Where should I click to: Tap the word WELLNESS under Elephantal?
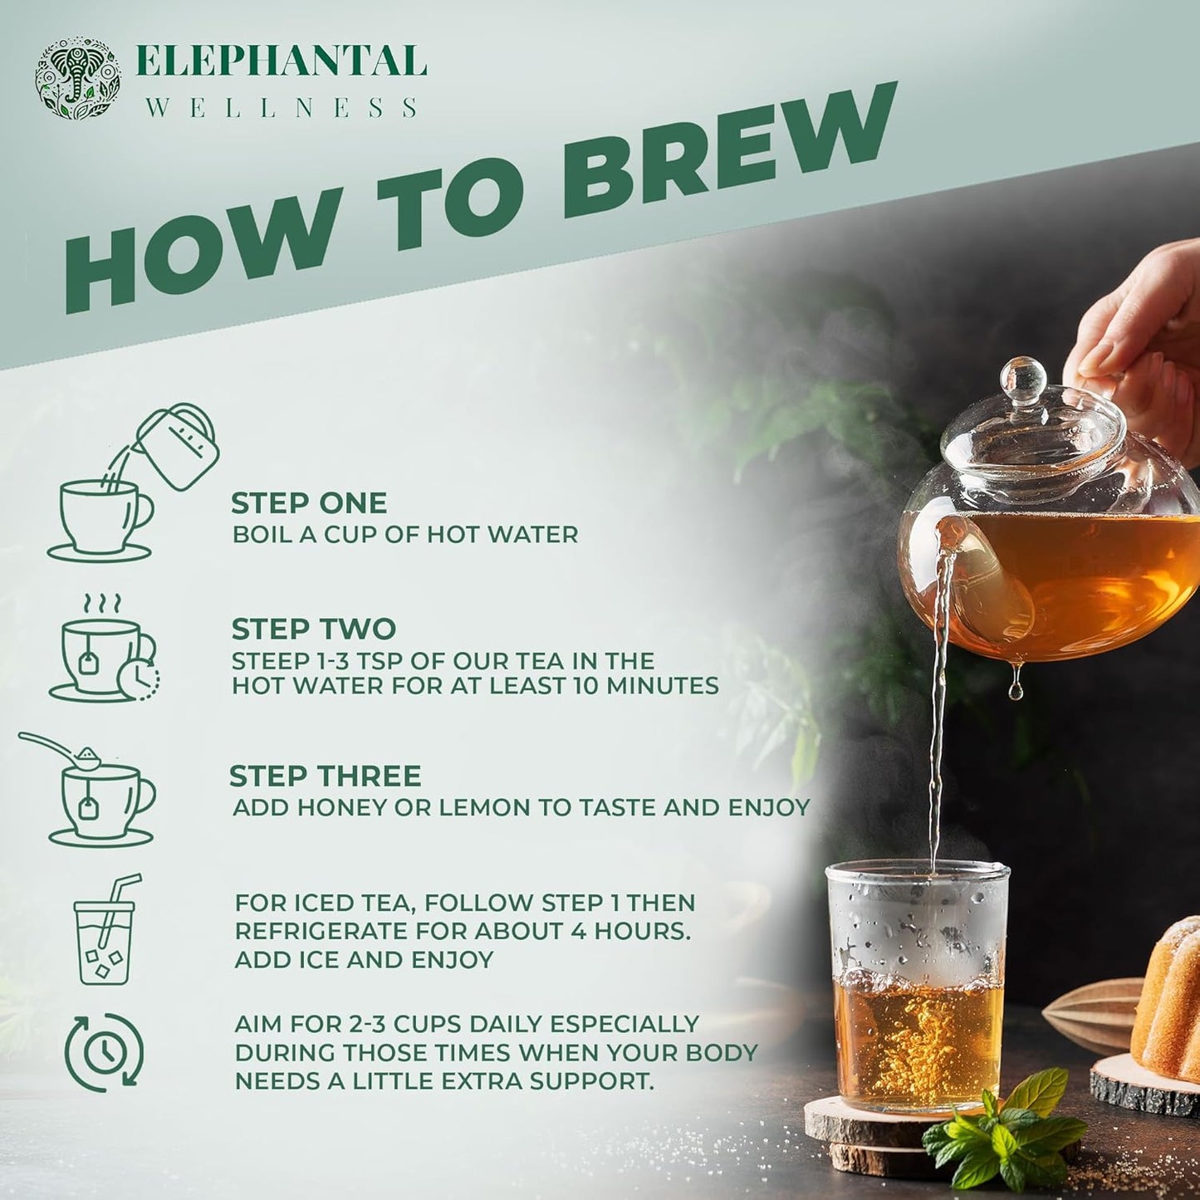282,108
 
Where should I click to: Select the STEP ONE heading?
309,503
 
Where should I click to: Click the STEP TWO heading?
313,629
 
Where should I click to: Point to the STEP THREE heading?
325,776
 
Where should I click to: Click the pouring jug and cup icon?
133,483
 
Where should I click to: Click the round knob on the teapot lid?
1023,379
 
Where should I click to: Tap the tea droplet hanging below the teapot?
1015,688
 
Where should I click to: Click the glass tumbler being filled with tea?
918,988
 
